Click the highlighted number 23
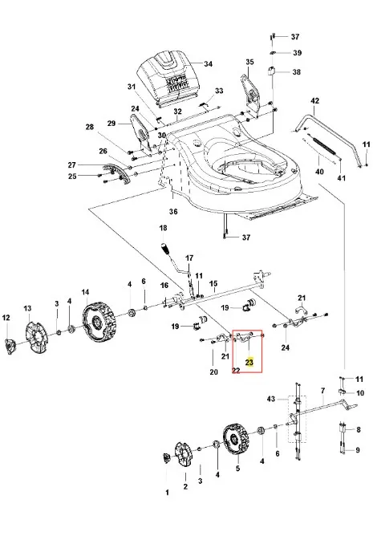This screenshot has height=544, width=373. pyautogui.click(x=249, y=363)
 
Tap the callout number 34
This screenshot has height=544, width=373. pyautogui.click(x=209, y=64)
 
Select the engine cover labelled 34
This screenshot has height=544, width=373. pyautogui.click(x=168, y=77)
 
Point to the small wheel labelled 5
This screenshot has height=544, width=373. pyautogui.click(x=235, y=439)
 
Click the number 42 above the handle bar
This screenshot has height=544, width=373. pyautogui.click(x=314, y=101)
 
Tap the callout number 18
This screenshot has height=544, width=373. pyautogui.click(x=163, y=228)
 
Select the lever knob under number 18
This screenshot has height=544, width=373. pyautogui.click(x=164, y=249)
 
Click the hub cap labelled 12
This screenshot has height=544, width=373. pyautogui.click(x=10, y=346)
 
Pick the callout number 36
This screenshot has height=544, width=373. pyautogui.click(x=173, y=211)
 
